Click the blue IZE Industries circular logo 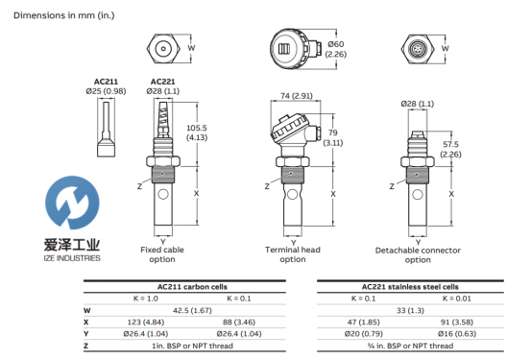pos(72,202)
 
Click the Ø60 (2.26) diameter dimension pos(336,49)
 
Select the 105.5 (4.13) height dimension pos(197,132)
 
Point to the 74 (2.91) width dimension pos(297,96)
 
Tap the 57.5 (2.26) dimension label pos(450,150)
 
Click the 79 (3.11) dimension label pos(333,138)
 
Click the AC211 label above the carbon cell pos(106,82)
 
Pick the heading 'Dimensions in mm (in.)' pos(64,15)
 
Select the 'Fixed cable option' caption pos(162,254)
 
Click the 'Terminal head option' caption pos(293,254)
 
